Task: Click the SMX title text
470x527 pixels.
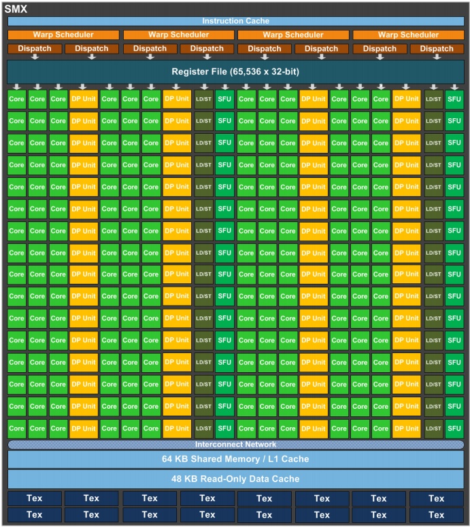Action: (16, 8)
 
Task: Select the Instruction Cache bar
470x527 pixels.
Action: (235, 21)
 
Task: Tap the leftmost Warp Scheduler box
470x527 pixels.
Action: (63, 35)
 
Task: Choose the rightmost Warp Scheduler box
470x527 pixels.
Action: (408, 35)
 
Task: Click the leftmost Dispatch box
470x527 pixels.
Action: (34, 48)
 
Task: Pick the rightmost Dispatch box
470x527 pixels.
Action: (436, 48)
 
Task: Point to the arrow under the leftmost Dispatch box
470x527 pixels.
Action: (34, 56)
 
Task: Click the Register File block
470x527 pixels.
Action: (235, 71)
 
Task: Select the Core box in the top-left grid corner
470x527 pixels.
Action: (17, 99)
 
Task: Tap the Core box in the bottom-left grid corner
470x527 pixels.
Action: (17, 429)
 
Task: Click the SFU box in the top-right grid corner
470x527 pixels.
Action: (454, 99)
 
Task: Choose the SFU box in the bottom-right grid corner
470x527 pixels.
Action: (454, 429)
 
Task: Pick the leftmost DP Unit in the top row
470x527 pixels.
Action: (84, 99)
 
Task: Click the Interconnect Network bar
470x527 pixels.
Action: (235, 445)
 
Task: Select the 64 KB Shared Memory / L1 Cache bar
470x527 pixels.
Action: (235, 459)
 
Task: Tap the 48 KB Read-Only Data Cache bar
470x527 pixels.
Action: (235, 479)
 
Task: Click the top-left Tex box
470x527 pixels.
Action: (34, 498)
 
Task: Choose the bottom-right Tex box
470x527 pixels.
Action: (436, 515)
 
